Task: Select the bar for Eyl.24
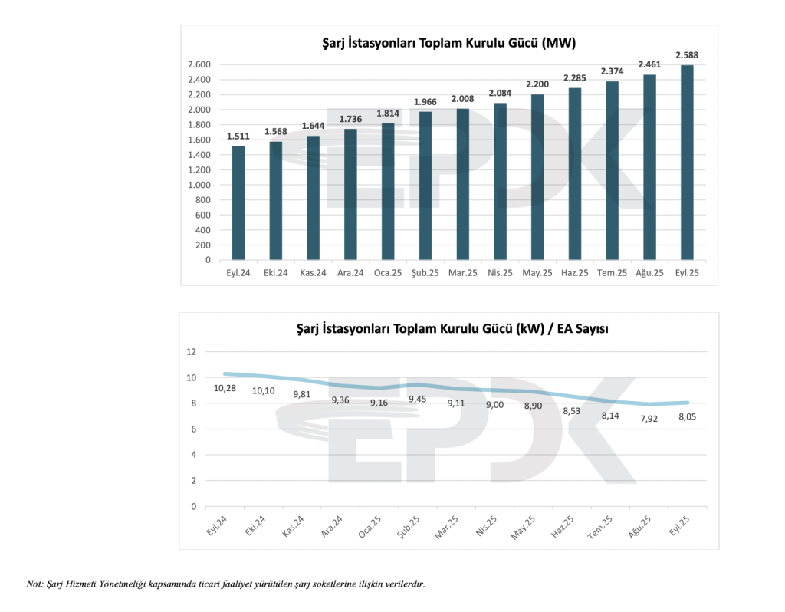click(x=238, y=203)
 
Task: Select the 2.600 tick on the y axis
click(x=199, y=64)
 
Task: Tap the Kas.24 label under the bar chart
click(x=313, y=272)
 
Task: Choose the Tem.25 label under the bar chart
click(x=612, y=272)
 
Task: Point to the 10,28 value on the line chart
click(x=225, y=388)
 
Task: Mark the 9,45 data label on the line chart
click(x=417, y=399)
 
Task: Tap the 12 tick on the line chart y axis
click(x=192, y=352)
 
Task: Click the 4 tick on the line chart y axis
click(x=193, y=455)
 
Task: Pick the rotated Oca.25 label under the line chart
click(x=370, y=528)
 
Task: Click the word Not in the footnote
click(x=34, y=584)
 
